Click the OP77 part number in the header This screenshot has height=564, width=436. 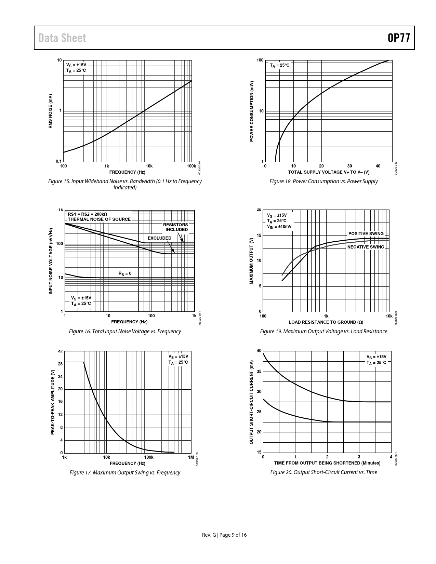click(399, 38)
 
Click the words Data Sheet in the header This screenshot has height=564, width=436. click(62, 38)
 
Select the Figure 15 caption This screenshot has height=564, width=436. click(125, 184)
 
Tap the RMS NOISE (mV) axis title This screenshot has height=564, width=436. click(50, 111)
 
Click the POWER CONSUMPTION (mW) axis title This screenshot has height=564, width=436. click(252, 111)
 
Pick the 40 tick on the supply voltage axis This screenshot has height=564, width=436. click(378, 166)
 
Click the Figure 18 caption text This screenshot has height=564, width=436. click(323, 181)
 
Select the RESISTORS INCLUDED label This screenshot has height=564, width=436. click(175, 227)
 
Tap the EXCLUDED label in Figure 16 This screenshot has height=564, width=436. click(159, 238)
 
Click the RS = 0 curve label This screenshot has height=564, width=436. click(125, 273)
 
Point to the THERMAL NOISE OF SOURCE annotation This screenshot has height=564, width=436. click(99, 219)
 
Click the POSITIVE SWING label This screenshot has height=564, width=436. click(366, 233)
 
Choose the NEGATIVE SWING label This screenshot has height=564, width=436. click(366, 247)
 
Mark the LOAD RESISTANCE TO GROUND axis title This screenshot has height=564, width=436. click(326, 322)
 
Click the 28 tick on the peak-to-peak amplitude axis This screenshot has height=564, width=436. click(60, 364)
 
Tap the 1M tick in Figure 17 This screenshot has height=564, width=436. click(191, 457)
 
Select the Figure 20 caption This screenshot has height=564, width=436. click(323, 472)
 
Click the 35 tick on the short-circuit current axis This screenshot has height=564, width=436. click(259, 372)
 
